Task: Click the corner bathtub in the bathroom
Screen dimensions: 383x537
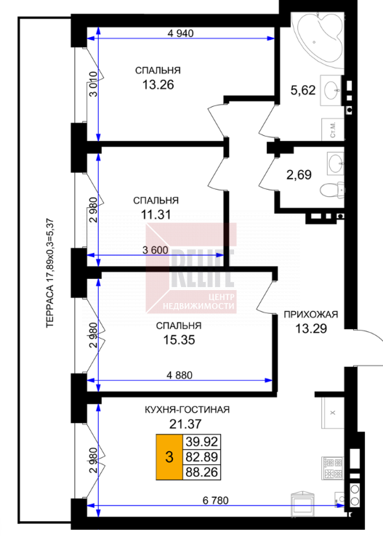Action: tap(320, 39)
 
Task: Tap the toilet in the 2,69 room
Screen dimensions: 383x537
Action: tap(331, 190)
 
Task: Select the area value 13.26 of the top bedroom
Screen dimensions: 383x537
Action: tap(158, 84)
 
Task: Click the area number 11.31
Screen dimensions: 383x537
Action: tap(156, 215)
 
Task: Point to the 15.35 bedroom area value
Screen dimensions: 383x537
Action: tap(179, 340)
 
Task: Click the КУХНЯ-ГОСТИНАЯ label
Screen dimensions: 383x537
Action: tap(187, 410)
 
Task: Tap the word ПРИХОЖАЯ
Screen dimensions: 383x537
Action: tap(311, 315)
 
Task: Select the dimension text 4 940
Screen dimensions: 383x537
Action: tap(180, 33)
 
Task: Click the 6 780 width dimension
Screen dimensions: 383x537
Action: tap(215, 501)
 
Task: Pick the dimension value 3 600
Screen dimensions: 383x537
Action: tap(156, 250)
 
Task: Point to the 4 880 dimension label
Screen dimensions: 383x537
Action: tap(180, 375)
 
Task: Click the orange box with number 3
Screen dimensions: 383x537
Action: tap(169, 457)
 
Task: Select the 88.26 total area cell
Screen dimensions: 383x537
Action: tap(202, 472)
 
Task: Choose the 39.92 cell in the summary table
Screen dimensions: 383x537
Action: tap(202, 442)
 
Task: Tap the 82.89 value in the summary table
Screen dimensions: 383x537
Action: tap(202, 457)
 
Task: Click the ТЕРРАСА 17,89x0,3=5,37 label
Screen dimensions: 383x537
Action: tap(50, 273)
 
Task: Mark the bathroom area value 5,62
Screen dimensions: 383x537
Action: tap(303, 90)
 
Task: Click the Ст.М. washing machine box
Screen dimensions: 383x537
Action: tap(333, 129)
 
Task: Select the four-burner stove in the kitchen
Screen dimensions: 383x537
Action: tap(332, 469)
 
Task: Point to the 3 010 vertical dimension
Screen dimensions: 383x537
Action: tap(94, 84)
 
